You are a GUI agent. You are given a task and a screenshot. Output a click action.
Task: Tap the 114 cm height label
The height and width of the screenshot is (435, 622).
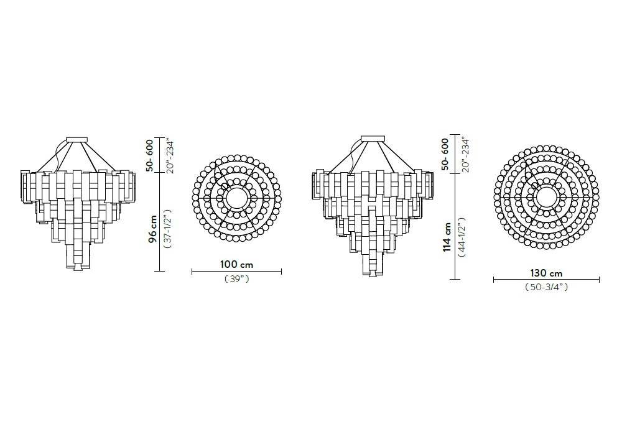(x=447, y=237)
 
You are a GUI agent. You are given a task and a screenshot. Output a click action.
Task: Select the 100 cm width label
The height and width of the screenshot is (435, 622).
(x=236, y=264)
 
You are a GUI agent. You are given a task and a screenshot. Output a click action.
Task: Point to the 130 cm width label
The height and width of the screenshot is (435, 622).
(x=546, y=273)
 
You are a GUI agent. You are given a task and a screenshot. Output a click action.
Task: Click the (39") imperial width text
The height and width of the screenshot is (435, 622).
(x=237, y=279)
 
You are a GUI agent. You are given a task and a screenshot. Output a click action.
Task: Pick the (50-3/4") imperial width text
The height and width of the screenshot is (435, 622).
(x=546, y=287)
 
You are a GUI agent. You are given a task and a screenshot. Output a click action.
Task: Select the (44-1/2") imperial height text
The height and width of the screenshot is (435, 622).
(x=462, y=237)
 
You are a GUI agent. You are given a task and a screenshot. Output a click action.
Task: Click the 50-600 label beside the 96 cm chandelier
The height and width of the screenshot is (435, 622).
(x=149, y=155)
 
